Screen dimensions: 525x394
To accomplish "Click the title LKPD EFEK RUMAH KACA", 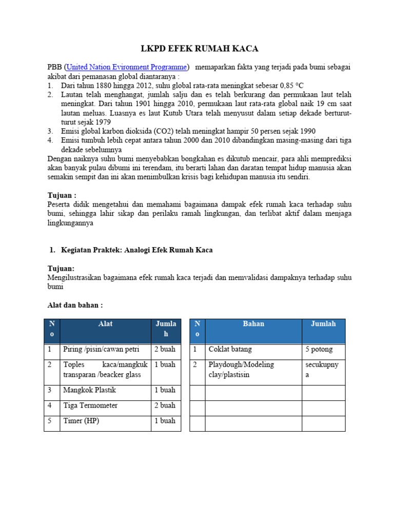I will [x=200, y=49].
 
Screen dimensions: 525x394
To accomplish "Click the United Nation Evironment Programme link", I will [x=127, y=67].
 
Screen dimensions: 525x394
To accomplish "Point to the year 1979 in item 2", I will [x=116, y=122].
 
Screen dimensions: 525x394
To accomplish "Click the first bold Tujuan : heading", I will [x=62, y=195].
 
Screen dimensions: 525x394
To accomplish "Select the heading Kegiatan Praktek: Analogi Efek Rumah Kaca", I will [x=136, y=250].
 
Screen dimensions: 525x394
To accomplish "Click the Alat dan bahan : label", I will [x=75, y=305].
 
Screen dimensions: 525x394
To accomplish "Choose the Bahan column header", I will [x=253, y=324].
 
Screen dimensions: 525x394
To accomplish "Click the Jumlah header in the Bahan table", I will [x=323, y=324].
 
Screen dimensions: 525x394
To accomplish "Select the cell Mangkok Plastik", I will [x=89, y=390].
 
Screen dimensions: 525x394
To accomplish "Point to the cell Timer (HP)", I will [x=81, y=421].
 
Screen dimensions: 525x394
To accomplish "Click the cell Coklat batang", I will [x=230, y=349].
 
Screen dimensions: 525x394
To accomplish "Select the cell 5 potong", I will [x=319, y=349].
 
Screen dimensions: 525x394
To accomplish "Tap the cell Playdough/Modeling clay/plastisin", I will [x=241, y=370].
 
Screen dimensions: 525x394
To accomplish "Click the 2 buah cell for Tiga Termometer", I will [x=165, y=406].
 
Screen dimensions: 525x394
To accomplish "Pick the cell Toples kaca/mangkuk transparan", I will [x=105, y=370].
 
